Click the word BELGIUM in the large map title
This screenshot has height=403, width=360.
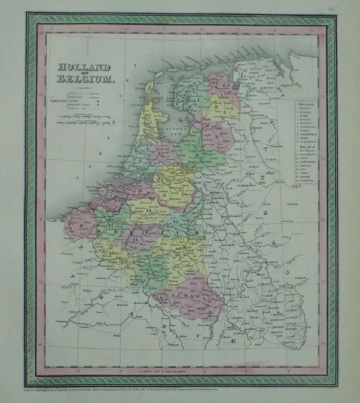pos(85,78)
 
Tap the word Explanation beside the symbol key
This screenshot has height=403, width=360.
pos(57,99)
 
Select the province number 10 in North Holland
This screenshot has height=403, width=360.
pos(148,115)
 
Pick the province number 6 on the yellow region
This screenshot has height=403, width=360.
pos(165,195)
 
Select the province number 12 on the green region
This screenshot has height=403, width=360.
pos(110,225)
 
